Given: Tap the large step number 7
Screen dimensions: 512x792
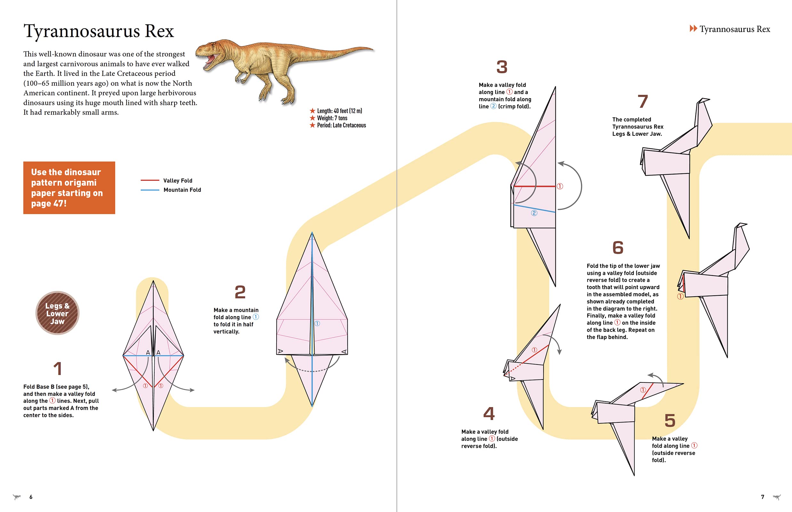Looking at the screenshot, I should (x=642, y=101).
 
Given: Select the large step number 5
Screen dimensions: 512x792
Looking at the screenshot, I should (x=670, y=420).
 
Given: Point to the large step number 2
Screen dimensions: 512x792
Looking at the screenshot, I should (x=240, y=292).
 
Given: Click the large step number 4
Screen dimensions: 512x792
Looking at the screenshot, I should (x=489, y=413).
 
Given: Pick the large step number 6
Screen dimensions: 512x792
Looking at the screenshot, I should (x=618, y=248).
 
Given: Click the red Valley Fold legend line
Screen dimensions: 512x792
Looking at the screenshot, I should (x=150, y=180).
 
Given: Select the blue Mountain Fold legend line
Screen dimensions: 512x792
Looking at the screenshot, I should (x=150, y=190).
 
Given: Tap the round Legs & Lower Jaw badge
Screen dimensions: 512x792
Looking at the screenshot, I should (x=57, y=313).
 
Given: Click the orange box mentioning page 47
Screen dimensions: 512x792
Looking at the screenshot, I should (x=69, y=188).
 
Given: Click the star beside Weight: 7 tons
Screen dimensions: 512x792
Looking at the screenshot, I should (x=312, y=118).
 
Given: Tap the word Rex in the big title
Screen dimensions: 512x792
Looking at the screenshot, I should (x=159, y=31).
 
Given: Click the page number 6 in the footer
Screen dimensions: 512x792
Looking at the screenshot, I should (x=31, y=497).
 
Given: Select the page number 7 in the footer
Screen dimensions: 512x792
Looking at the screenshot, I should (x=763, y=497).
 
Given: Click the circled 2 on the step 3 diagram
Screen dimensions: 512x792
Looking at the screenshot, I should (x=534, y=213).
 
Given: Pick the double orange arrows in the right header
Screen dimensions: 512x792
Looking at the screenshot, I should (x=693, y=28).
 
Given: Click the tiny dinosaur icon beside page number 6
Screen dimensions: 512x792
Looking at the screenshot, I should (x=17, y=497).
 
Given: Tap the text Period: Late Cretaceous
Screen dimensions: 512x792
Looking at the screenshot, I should (x=341, y=125).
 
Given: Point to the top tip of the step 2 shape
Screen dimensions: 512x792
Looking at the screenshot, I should (x=312, y=233).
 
